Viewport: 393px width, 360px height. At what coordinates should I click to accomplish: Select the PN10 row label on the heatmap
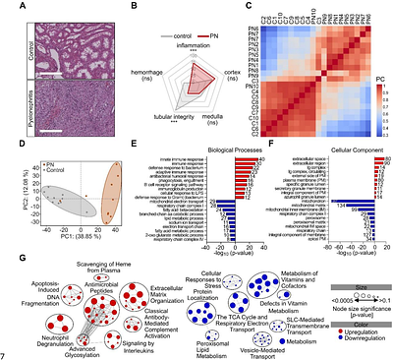pyautogui.click(x=251, y=86)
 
